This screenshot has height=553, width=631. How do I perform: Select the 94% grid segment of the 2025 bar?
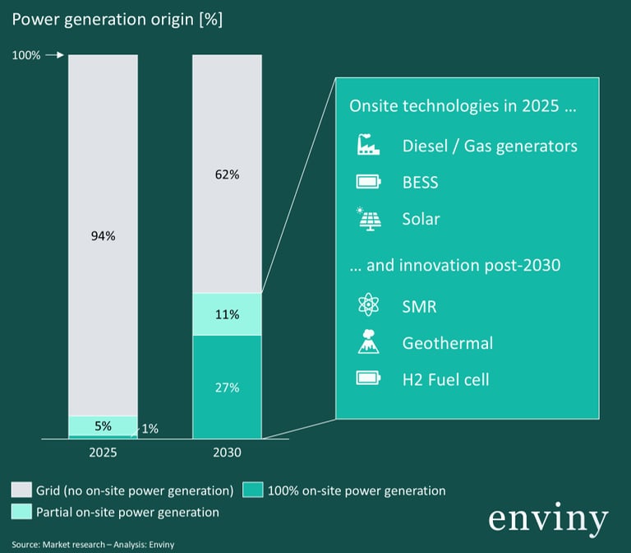(x=103, y=235)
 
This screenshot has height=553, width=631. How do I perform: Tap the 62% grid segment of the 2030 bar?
(x=227, y=174)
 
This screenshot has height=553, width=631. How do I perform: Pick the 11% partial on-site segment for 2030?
(x=227, y=314)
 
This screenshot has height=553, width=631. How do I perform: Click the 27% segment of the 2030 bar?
(x=227, y=387)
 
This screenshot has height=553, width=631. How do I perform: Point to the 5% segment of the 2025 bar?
(x=103, y=425)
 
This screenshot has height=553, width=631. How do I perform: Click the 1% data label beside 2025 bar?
(x=150, y=429)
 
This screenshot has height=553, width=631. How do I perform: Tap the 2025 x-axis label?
(x=103, y=453)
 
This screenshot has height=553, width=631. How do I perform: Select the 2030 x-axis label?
(x=227, y=453)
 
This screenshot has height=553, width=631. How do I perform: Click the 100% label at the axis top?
(x=25, y=55)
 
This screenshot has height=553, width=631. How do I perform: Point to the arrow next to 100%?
(x=53, y=55)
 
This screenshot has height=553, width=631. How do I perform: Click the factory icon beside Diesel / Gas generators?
(x=368, y=146)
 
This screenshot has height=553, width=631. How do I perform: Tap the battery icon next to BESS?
(x=368, y=182)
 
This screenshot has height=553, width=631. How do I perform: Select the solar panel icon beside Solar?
(x=368, y=219)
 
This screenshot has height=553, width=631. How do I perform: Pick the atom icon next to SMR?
(x=368, y=306)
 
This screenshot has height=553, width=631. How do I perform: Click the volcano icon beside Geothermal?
(x=368, y=342)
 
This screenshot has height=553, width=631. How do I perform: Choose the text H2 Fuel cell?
(x=445, y=379)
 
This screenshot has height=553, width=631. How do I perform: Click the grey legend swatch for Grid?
(x=21, y=490)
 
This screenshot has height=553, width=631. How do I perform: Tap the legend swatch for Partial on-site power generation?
(x=21, y=512)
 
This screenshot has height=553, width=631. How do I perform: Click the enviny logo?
(x=548, y=520)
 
